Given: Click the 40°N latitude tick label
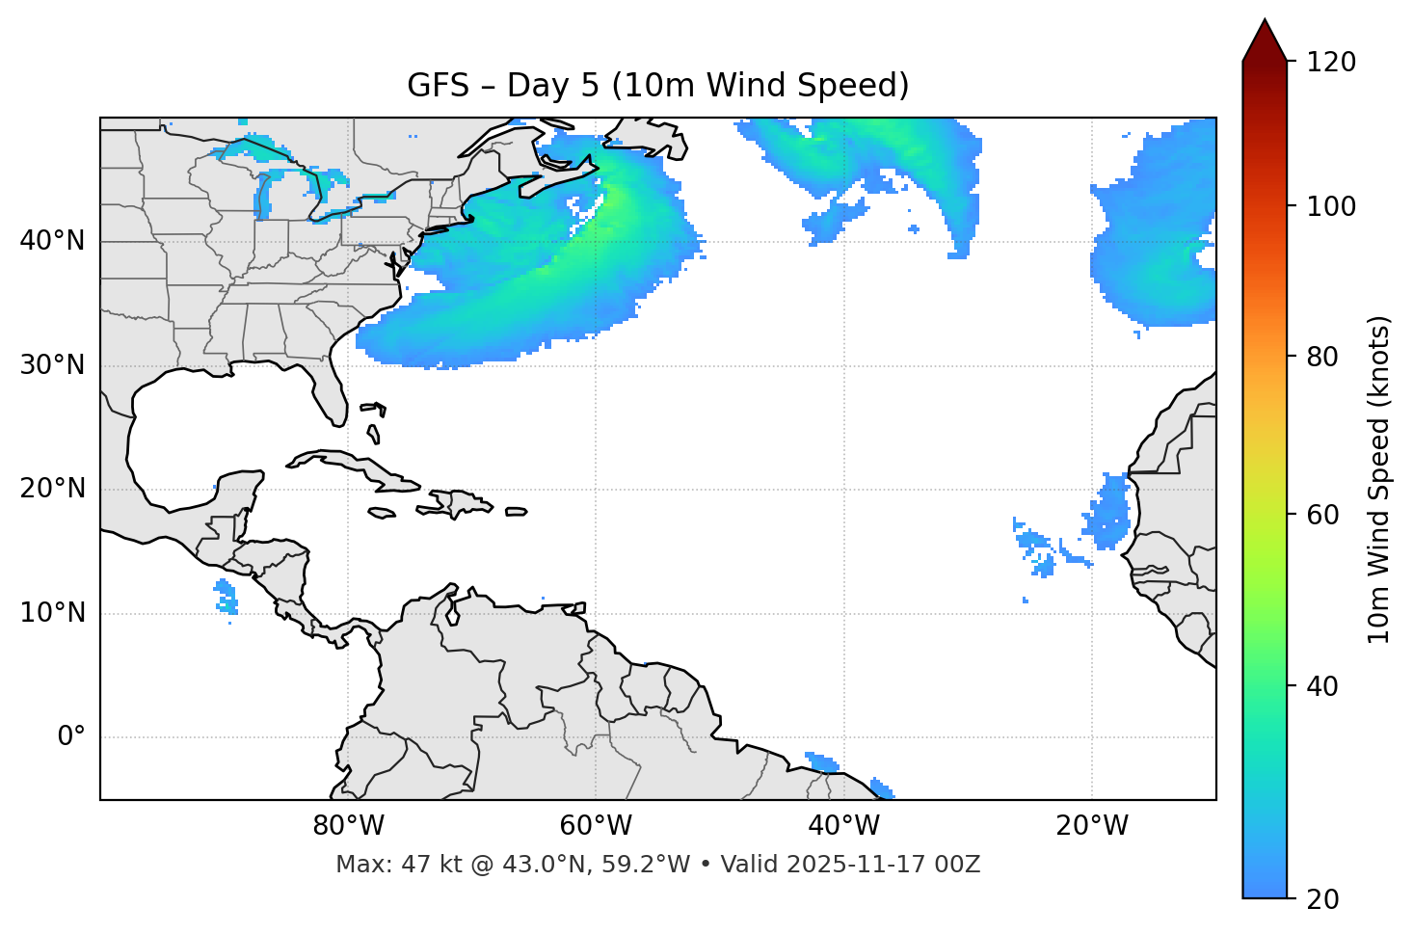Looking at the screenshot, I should (x=52, y=241).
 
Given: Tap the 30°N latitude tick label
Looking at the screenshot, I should (x=52, y=365).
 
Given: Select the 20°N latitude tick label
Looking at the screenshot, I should (x=52, y=489).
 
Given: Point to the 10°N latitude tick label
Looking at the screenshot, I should (x=52, y=613).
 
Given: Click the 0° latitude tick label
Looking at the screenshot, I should (x=71, y=737).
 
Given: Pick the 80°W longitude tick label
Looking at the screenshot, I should (x=348, y=826).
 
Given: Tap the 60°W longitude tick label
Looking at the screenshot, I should (x=596, y=826).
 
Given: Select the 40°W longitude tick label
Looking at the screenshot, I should (x=843, y=826).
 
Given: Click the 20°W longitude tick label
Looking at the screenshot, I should (x=1091, y=826).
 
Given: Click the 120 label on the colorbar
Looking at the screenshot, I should (x=1331, y=63).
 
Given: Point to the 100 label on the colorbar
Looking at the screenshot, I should (x=1331, y=206).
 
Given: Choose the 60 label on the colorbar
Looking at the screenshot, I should (x=1322, y=515).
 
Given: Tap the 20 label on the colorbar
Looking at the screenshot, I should (x=1322, y=899).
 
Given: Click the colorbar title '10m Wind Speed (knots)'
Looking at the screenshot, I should (x=1379, y=480).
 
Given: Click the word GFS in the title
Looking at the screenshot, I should (x=438, y=86).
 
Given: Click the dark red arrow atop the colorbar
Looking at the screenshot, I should (x=1265, y=41).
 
